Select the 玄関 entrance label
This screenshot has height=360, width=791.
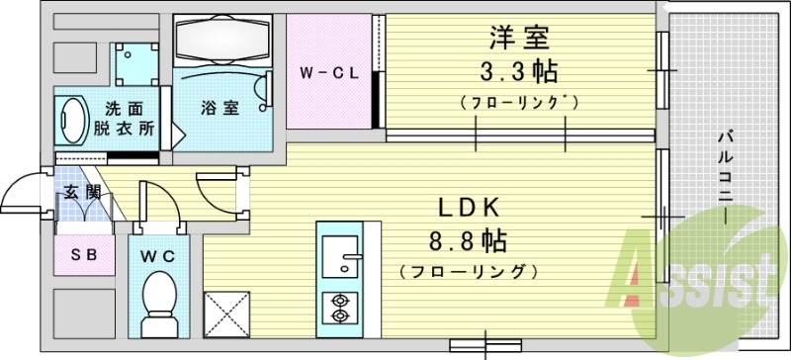click(x=82, y=193)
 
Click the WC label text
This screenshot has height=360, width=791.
click(x=157, y=256)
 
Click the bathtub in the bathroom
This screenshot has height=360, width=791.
click(x=222, y=41)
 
